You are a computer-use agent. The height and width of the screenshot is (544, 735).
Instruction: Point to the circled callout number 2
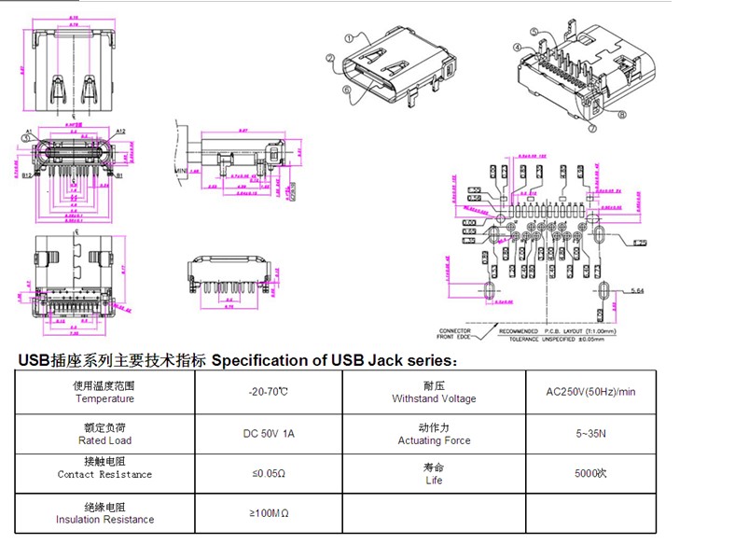coord(330,59)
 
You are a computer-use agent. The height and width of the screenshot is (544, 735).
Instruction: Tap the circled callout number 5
coord(535,33)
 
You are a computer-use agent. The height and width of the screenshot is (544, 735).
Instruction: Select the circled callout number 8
coord(621,116)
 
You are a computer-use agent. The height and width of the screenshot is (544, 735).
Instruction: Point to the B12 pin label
coord(27,174)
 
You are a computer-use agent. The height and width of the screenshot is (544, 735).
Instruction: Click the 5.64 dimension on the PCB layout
coord(637,292)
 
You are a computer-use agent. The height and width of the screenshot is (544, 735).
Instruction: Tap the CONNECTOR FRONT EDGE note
coord(454,334)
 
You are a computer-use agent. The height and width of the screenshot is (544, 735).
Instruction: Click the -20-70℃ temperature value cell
coord(268,392)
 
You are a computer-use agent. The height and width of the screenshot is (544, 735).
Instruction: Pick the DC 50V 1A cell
coord(268,433)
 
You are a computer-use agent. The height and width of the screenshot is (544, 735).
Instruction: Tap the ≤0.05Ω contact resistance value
coord(268,474)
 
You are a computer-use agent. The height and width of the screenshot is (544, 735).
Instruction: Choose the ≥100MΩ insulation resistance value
coord(268,513)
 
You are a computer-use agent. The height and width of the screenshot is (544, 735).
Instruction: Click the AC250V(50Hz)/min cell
coord(590,392)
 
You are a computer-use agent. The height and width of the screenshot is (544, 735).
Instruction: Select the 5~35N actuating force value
coord(590,433)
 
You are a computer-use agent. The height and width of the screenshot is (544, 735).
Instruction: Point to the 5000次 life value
coord(590,473)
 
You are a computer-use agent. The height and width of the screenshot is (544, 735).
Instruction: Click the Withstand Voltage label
coord(434,398)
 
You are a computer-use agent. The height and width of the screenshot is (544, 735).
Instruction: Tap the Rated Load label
coord(104,440)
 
